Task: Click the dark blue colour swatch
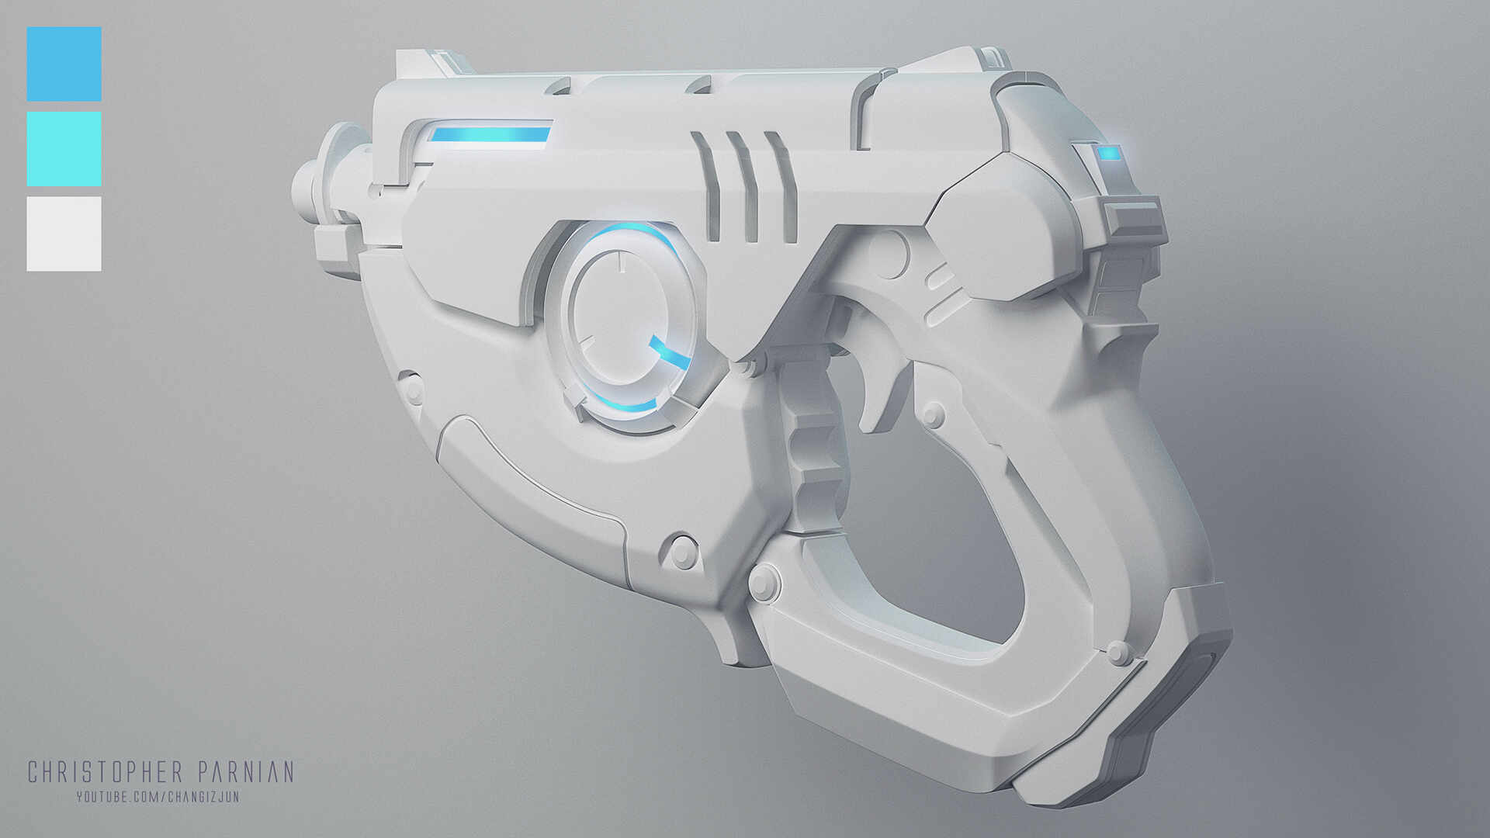(64, 64)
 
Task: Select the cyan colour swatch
(64, 148)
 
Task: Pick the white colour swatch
(64, 234)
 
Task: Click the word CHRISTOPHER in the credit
(105, 772)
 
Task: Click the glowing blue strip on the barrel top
(490, 135)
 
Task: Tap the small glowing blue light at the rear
(1109, 153)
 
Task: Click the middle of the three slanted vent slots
(741, 186)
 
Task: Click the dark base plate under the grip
(1164, 722)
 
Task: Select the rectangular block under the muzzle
(338, 246)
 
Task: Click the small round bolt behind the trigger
(933, 413)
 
